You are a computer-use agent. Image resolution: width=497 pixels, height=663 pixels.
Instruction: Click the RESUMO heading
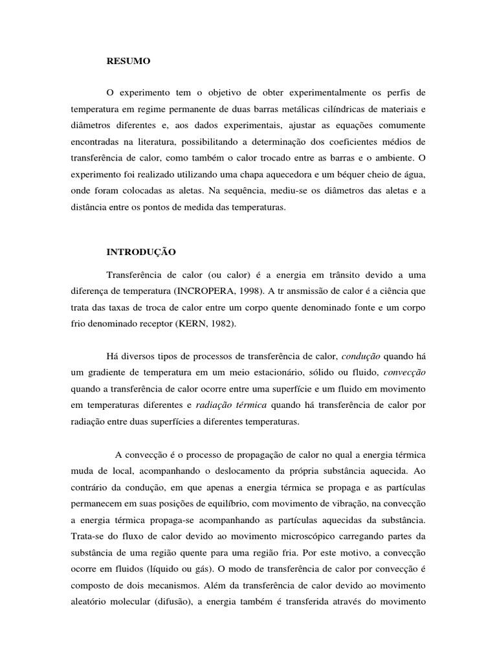coord(128,62)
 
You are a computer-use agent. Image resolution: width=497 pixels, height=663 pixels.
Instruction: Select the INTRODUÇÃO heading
coord(140,251)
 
